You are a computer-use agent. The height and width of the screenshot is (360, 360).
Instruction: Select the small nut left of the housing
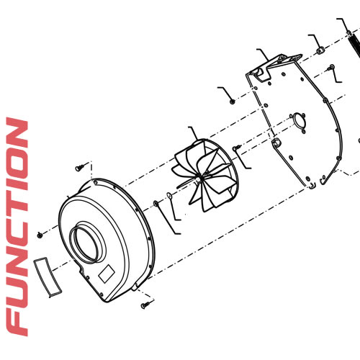40,235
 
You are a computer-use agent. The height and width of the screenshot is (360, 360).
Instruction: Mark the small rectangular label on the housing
107,271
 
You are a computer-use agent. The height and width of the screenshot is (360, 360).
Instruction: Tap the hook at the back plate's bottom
311,185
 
